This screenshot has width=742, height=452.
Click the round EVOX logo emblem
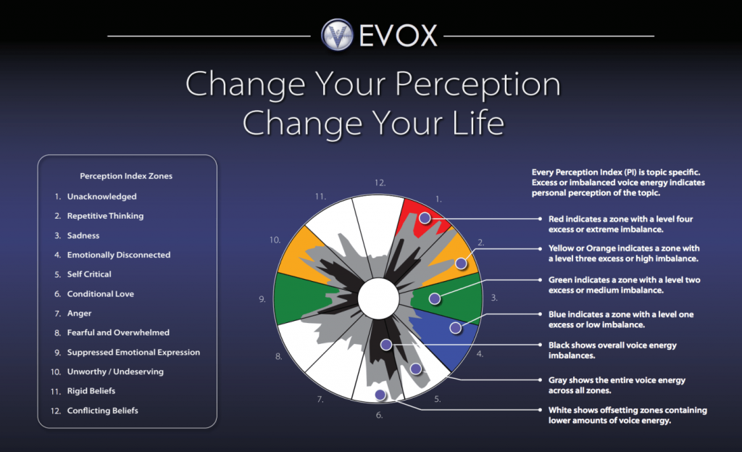click(338, 35)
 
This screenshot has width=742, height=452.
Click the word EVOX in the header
click(398, 35)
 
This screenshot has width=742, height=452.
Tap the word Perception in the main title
click(478, 84)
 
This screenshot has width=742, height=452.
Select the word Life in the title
click(478, 122)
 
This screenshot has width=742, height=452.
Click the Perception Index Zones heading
click(126, 176)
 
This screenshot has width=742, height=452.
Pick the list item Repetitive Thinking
click(105, 216)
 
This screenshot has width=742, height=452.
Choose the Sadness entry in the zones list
click(83, 235)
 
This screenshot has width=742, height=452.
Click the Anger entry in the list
click(79, 313)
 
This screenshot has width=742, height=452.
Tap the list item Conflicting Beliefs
click(102, 411)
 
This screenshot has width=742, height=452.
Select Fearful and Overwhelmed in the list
click(118, 332)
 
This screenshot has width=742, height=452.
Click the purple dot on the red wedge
click(425, 218)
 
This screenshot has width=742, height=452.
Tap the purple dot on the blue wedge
click(455, 327)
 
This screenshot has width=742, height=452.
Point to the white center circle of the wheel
click(378, 298)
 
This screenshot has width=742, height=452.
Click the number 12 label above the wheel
click(380, 183)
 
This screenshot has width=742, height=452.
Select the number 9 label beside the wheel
click(262, 299)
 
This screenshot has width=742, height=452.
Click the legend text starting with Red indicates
click(620, 224)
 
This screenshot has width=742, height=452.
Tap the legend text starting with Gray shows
click(617, 385)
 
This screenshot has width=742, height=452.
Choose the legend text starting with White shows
click(628, 415)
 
